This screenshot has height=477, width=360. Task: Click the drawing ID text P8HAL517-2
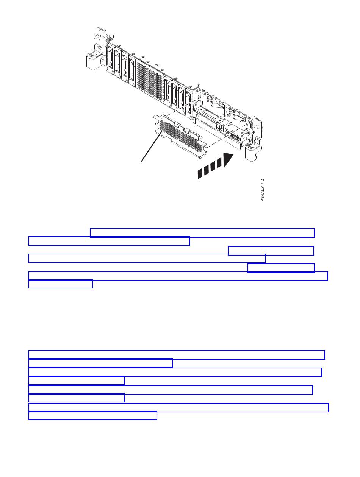tap(262, 190)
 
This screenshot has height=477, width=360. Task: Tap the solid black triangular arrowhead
tap(228, 160)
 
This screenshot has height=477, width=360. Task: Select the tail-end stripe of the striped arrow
tap(200, 174)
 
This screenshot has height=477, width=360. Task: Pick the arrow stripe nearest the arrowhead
tap(219, 163)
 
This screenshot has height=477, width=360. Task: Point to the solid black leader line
tap(152, 146)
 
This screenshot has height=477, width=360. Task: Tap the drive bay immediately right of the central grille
tap(167, 92)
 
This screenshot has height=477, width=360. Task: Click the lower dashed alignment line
tap(227, 135)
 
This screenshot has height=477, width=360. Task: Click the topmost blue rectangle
tap(202, 233)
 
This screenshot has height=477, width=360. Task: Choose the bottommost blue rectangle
tap(93, 415)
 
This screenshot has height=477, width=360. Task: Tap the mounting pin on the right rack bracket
tap(257, 127)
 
